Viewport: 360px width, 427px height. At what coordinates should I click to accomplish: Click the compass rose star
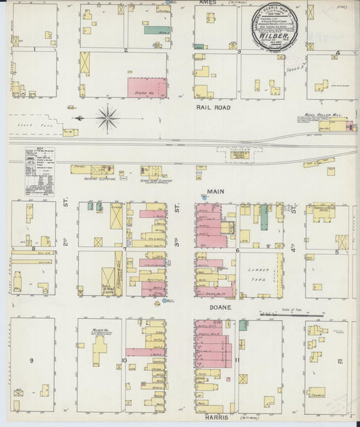[107, 118]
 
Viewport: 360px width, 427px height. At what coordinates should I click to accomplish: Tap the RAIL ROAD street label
[213, 107]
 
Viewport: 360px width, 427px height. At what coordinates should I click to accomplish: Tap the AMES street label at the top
[208, 3]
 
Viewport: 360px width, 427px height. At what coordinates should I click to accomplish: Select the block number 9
[31, 361]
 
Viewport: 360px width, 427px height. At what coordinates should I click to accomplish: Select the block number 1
[33, 49]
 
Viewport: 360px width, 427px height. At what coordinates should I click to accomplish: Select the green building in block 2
[156, 30]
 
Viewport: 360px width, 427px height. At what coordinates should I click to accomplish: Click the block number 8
[33, 249]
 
